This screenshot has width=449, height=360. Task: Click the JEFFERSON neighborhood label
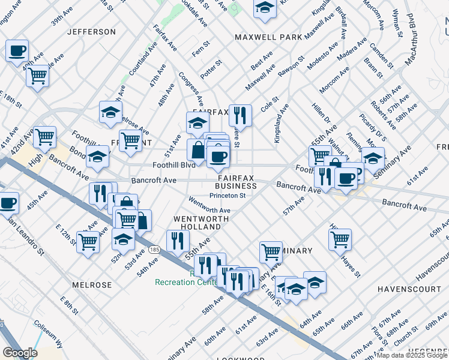coord(91,31)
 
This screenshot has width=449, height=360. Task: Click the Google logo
coord(20,353)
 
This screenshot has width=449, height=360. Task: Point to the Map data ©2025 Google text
coord(412,355)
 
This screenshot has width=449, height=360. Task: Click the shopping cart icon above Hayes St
coord(340,239)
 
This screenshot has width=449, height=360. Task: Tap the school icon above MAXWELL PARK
coord(264,8)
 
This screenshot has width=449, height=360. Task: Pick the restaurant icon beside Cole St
coord(240,114)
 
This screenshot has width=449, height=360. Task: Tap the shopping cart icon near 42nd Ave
coord(45,137)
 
